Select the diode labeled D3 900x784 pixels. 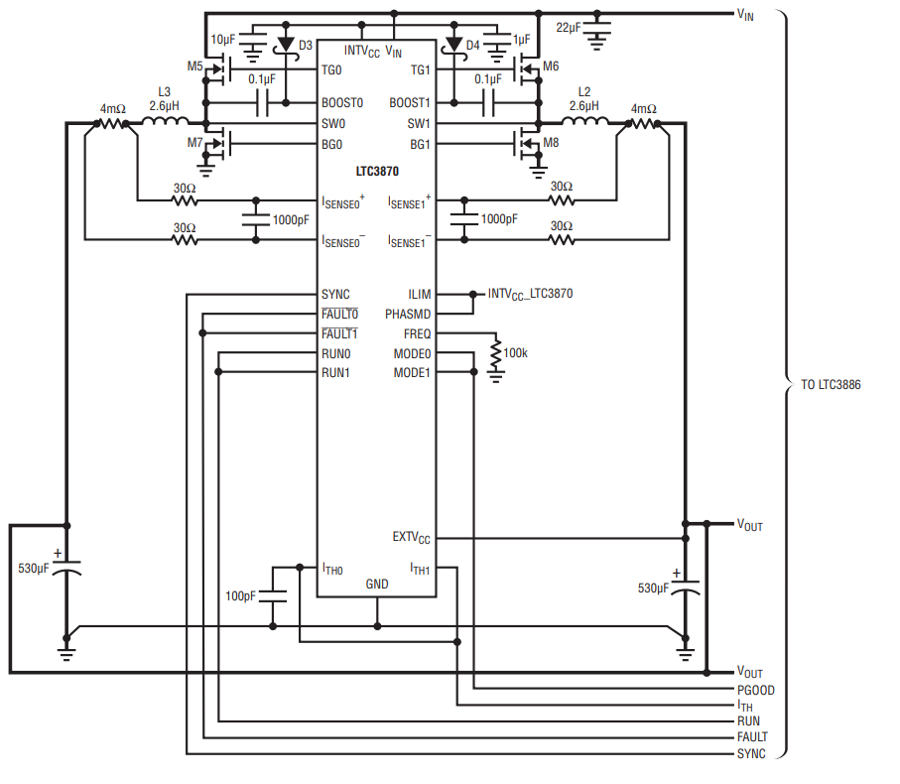tap(286, 45)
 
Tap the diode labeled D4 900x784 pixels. tap(455, 45)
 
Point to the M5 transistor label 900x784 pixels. tap(194, 66)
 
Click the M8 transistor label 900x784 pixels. tap(551, 143)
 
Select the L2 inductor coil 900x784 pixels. tap(584, 123)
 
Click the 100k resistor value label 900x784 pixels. tap(517, 352)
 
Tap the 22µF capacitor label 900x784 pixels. tap(569, 27)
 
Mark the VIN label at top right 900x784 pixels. tap(745, 14)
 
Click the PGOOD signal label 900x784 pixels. tap(755, 690)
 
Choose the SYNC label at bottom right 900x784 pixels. tap(750, 753)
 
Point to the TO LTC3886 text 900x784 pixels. tap(831, 384)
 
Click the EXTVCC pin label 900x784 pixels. tap(411, 538)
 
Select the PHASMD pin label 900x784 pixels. tap(408, 314)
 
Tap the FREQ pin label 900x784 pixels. tap(417, 333)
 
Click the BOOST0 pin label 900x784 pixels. tap(342, 102)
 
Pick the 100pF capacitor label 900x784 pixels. tap(240, 596)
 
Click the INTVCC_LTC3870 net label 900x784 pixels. tap(530, 294)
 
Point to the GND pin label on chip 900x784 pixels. tap(377, 584)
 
